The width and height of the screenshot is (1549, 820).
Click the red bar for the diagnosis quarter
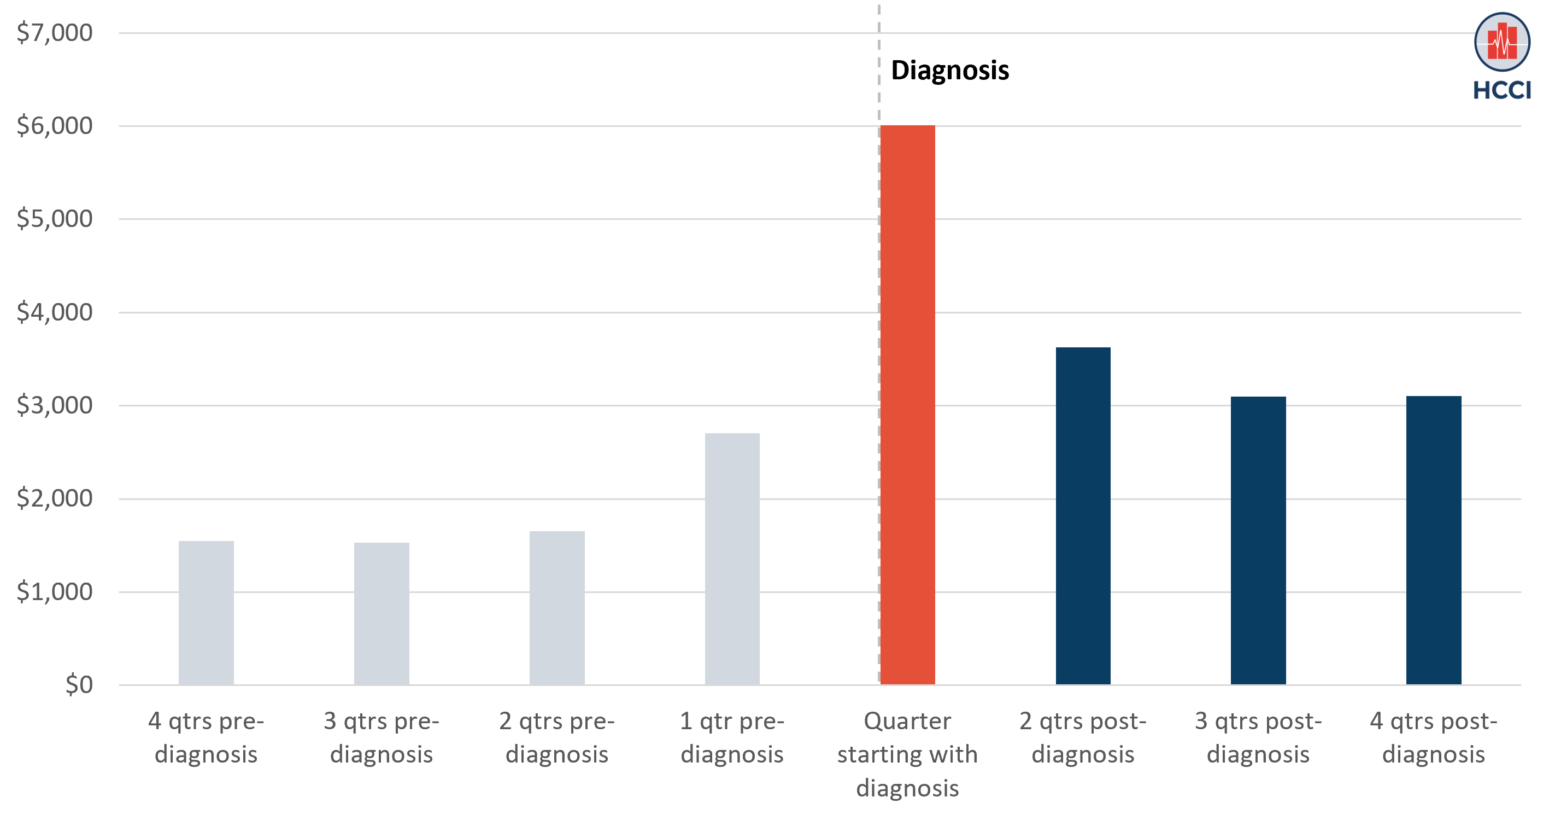click(907, 404)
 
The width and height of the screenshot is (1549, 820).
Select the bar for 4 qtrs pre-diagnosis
click(206, 613)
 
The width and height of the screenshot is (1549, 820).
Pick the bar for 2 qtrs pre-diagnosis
click(557, 608)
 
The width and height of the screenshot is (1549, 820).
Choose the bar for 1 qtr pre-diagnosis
click(732, 559)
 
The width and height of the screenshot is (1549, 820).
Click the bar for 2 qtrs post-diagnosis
click(1083, 516)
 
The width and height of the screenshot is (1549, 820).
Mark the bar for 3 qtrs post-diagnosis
click(1258, 540)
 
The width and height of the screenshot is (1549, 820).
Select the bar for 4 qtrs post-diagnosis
click(1434, 540)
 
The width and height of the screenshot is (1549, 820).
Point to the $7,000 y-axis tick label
click(55, 32)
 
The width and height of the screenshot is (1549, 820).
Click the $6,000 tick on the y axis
click(55, 126)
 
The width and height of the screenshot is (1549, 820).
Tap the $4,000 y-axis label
click(55, 312)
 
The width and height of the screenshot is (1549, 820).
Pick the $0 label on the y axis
click(79, 685)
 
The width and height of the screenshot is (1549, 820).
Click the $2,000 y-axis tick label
click(55, 498)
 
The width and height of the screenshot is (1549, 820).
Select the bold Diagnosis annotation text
click(949, 71)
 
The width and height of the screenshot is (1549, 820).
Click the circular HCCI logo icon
click(1502, 42)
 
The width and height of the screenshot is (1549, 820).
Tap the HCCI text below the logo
click(1502, 90)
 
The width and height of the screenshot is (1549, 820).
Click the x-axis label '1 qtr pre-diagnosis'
click(732, 737)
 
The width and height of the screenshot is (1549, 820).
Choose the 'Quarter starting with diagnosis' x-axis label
click(907, 754)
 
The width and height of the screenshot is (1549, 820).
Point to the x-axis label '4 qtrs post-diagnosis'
click(1434, 737)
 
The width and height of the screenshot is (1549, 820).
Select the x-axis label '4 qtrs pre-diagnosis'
click(206, 737)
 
